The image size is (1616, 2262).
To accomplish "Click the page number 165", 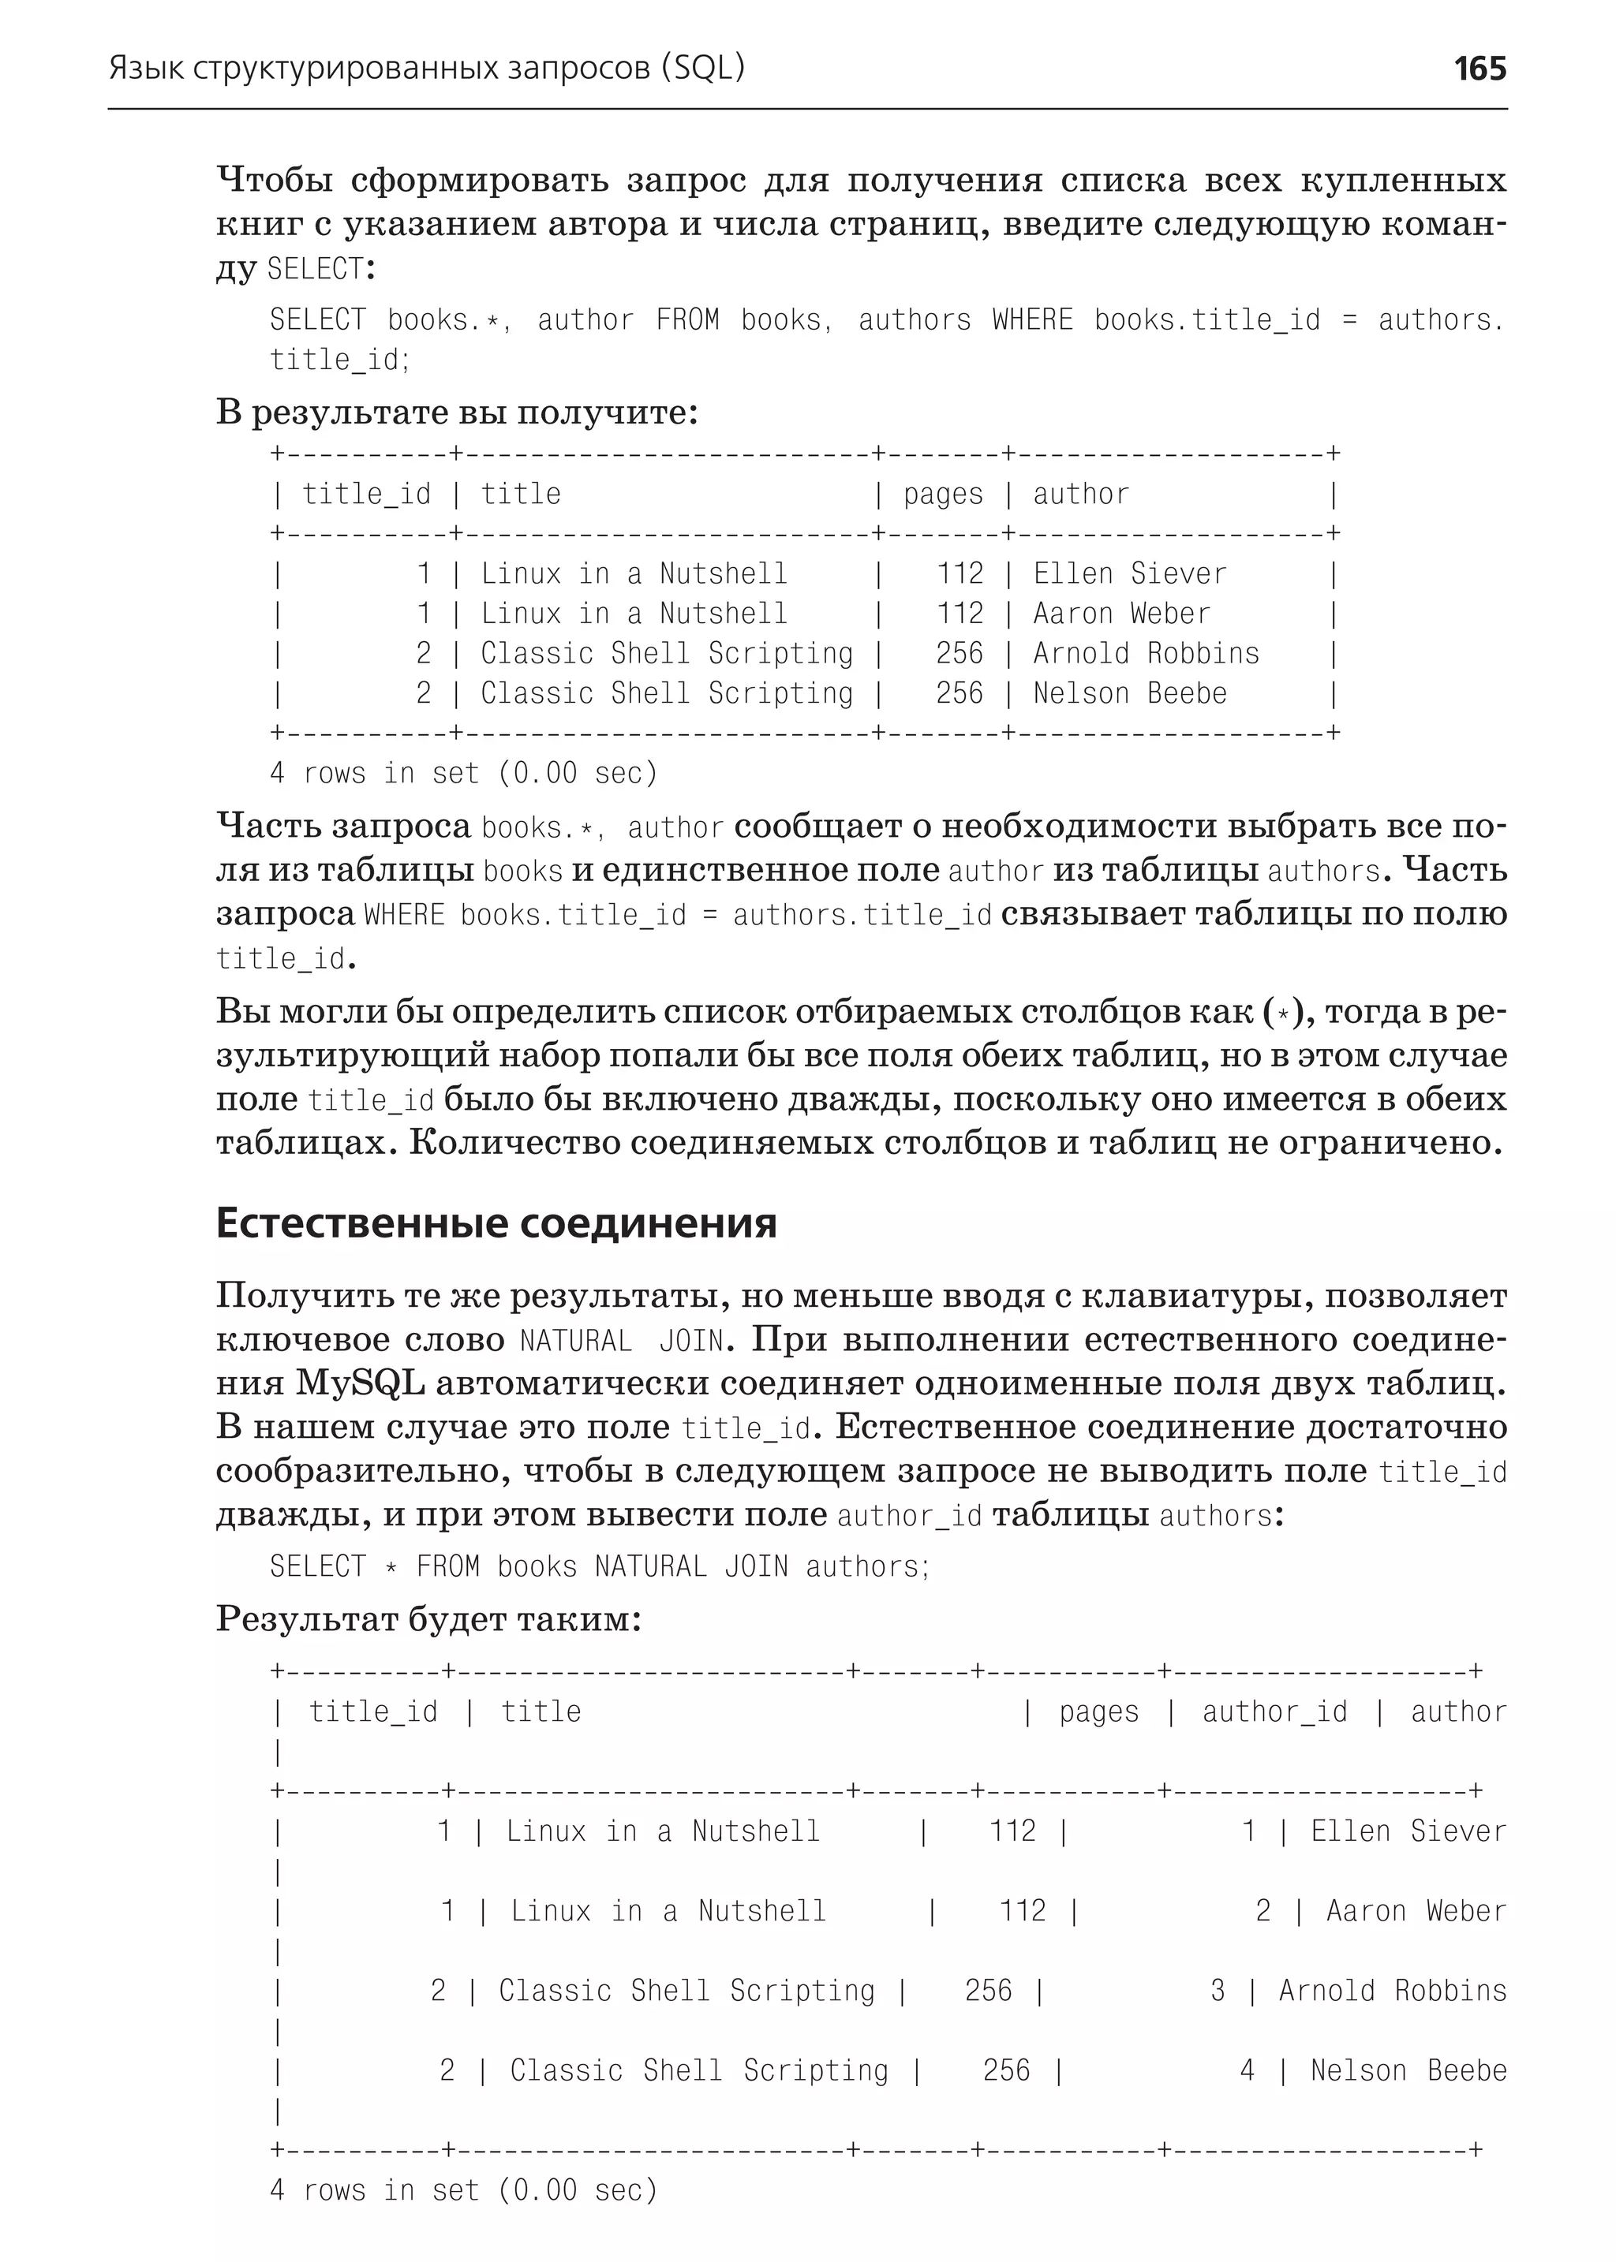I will pos(1479,69).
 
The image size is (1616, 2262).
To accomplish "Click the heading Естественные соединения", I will pos(496,1222).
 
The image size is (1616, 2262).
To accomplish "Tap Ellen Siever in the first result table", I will pos(1129,574).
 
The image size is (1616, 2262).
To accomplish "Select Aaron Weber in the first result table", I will pos(1121,614).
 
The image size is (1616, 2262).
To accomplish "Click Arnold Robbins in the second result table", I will pos(1392,1991).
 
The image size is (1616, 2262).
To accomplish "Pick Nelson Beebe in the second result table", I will pos(1408,2070).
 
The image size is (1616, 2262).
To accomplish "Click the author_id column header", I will pos(1274,1712).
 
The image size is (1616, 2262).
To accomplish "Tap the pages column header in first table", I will pos(942,495).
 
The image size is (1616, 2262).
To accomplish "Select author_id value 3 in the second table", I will pos(1217,1991).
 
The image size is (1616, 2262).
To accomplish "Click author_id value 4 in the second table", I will pos(1247,2070).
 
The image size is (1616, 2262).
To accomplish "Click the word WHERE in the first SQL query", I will pos(1033,320).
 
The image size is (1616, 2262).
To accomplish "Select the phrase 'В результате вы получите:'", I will pos(457,411).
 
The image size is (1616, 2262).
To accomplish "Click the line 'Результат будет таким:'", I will pos(428,1618).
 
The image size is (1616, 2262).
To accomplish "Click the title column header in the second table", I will pos(541,1712).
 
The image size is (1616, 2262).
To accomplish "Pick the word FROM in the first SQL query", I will pos(686,320).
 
